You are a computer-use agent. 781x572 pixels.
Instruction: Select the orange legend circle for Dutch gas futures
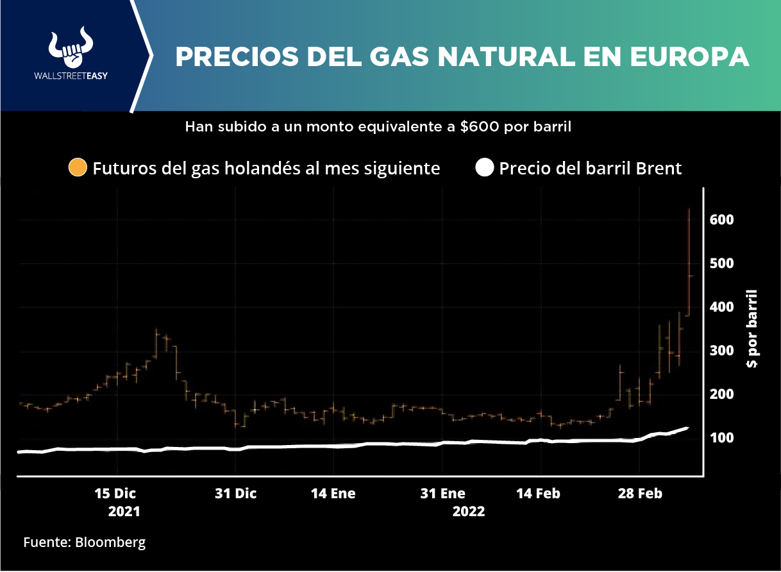click(x=78, y=169)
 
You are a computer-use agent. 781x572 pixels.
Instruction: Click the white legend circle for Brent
click(x=485, y=169)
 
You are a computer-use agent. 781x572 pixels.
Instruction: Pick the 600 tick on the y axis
click(x=722, y=219)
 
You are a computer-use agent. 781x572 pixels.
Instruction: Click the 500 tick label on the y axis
click(x=722, y=264)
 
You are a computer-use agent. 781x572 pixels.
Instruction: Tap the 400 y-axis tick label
click(x=722, y=307)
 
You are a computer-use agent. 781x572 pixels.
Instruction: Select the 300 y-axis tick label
click(x=722, y=351)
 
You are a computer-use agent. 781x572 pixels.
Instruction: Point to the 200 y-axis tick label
click(x=722, y=394)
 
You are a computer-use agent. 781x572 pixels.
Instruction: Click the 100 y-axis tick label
click(x=722, y=438)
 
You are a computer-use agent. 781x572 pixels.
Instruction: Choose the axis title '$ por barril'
click(x=752, y=329)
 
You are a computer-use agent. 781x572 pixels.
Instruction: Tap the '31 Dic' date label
click(x=235, y=494)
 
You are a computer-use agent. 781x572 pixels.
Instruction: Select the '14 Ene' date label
click(x=333, y=494)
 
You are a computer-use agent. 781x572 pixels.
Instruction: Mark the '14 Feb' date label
click(x=539, y=494)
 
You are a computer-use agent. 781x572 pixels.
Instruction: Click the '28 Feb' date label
click(x=639, y=494)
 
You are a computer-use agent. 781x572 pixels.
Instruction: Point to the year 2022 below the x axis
click(x=469, y=512)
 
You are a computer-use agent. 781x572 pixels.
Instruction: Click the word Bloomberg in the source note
click(x=110, y=543)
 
